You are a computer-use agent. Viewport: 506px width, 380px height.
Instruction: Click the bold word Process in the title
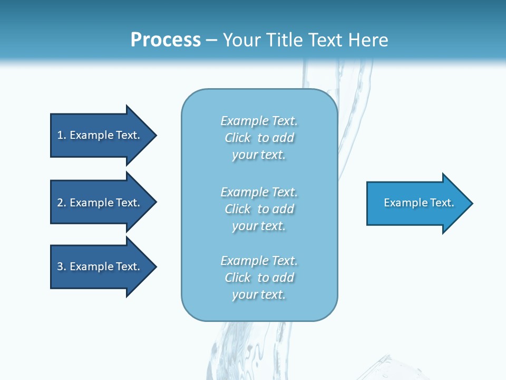[x=166, y=40]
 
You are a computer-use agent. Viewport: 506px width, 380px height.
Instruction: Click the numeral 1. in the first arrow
[x=62, y=135]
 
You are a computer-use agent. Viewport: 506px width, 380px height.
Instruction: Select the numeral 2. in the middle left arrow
[x=62, y=203]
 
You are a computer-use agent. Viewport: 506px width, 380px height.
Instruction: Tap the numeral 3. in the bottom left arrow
[x=62, y=267]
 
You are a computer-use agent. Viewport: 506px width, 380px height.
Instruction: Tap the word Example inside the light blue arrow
[x=403, y=203]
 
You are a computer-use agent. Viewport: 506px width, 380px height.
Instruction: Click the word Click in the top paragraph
[x=238, y=138]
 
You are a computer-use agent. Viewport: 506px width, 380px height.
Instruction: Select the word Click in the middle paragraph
[x=238, y=209]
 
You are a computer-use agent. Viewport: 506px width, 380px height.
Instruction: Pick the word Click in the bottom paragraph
[x=238, y=278]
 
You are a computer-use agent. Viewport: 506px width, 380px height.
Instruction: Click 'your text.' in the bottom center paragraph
[x=259, y=294]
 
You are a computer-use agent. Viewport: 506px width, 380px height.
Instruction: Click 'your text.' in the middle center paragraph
[x=259, y=226]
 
